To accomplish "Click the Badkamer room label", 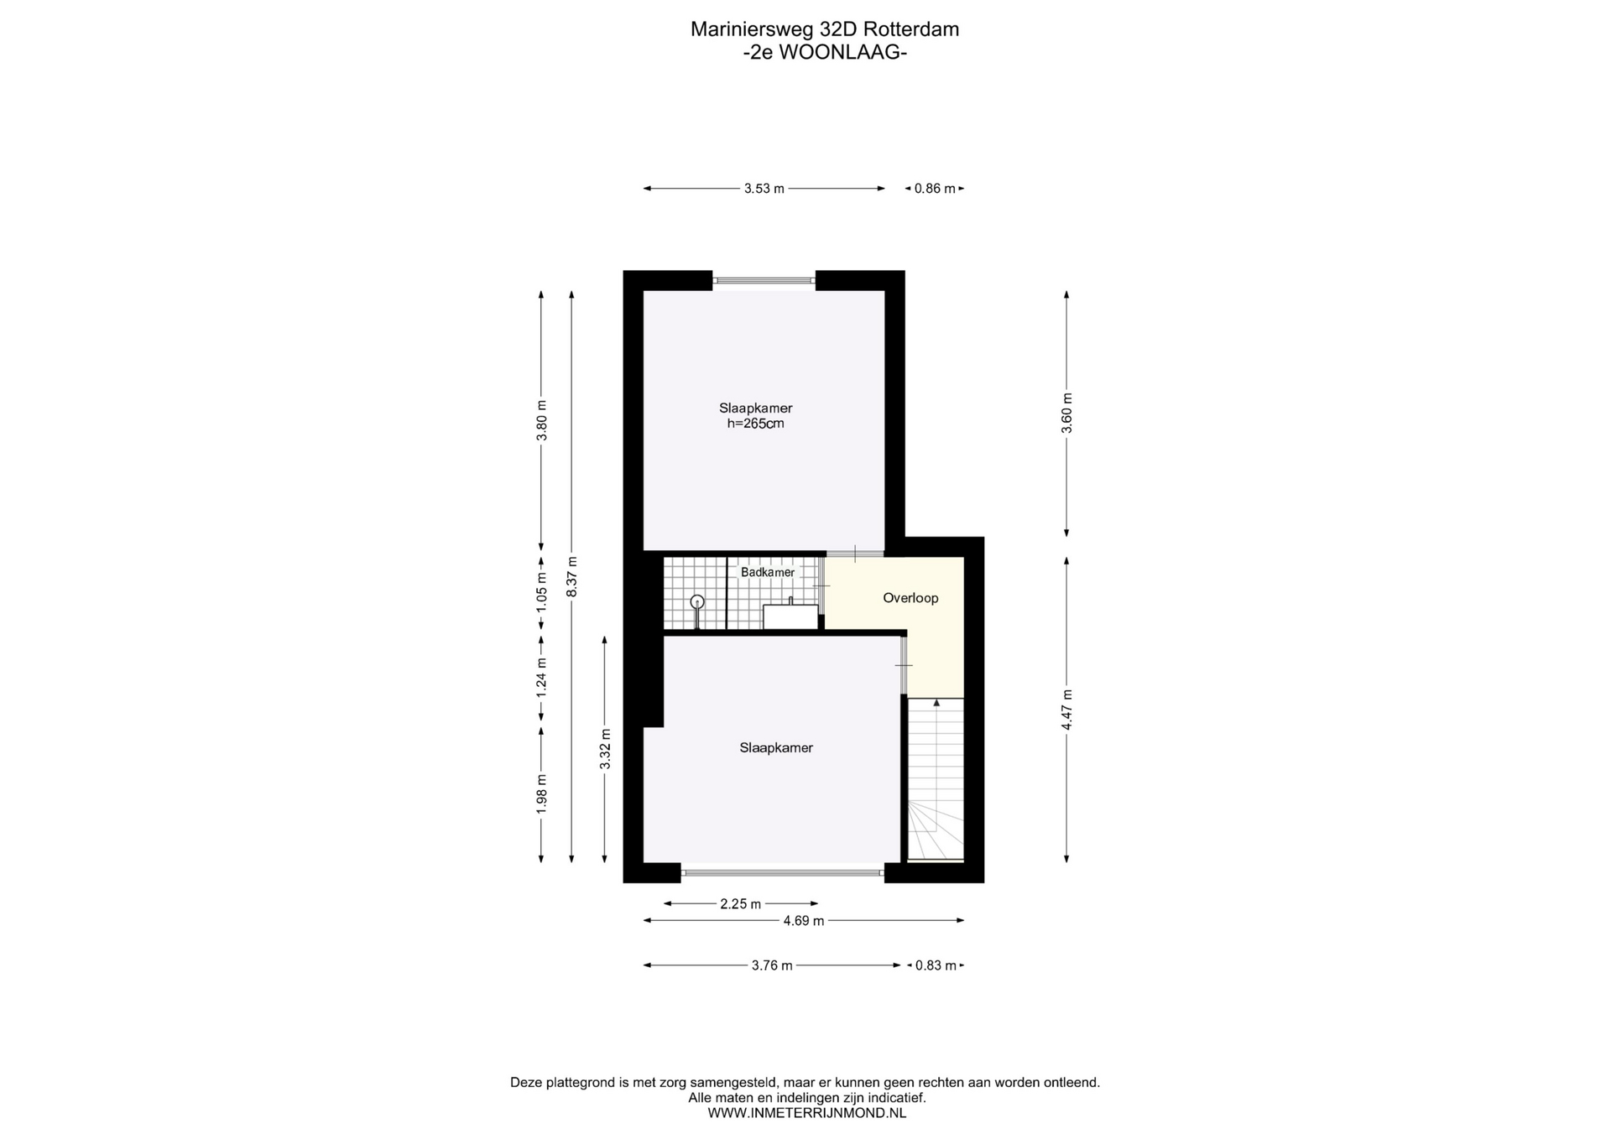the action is click(767, 572).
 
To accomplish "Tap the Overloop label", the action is click(910, 598).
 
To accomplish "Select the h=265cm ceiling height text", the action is click(755, 424).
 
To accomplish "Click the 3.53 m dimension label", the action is click(764, 189).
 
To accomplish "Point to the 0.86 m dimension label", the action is click(935, 189).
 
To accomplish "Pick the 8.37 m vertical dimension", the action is click(571, 577).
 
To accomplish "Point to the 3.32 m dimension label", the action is click(605, 749).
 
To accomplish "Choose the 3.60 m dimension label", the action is click(1066, 413).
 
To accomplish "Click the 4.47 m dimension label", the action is click(1066, 710).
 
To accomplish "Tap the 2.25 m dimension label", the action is click(740, 904).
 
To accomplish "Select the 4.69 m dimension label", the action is click(804, 921).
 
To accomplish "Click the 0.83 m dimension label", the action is click(936, 965).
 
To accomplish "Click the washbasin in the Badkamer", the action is click(790, 616).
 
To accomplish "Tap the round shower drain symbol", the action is click(696, 601).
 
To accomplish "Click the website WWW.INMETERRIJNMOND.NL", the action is click(806, 1113).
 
